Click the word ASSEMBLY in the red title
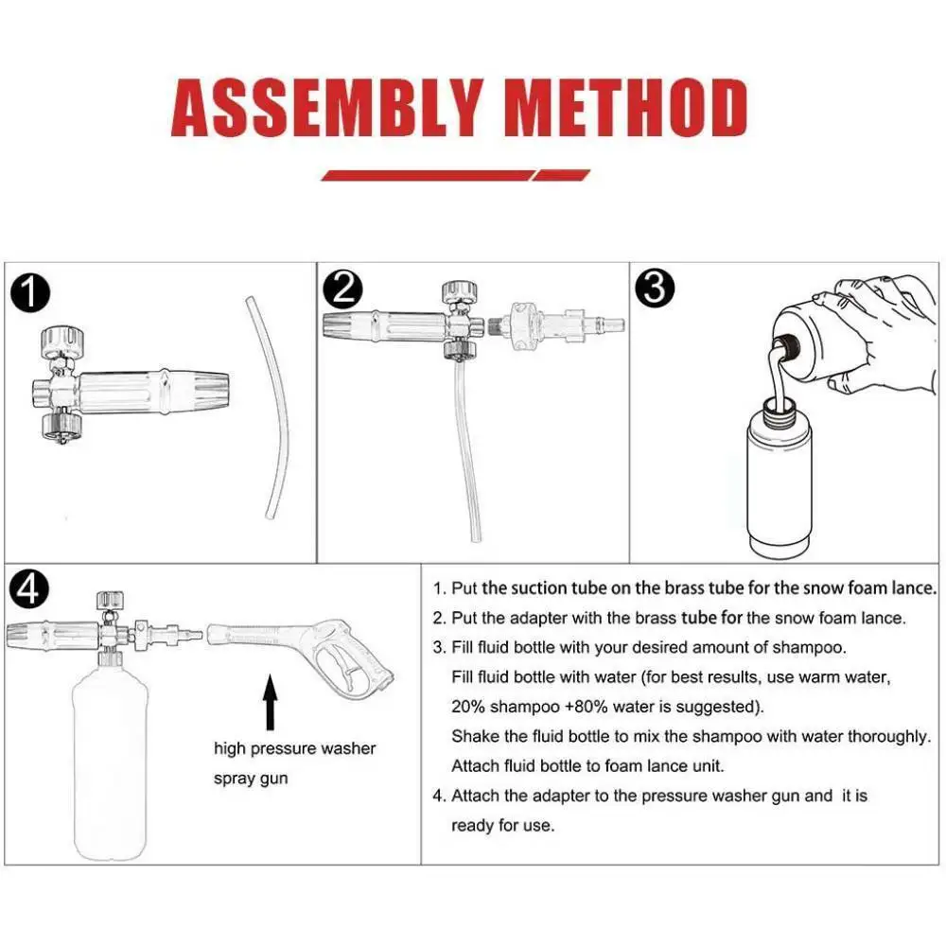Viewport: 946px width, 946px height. (327, 108)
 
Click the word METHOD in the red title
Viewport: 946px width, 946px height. (626, 108)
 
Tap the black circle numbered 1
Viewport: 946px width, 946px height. (29, 293)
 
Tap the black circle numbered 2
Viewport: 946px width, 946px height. (342, 289)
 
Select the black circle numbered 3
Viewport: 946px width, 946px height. (656, 289)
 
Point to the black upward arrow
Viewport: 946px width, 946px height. (271, 702)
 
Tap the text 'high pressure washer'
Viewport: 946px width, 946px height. (294, 748)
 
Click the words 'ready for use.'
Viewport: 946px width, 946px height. (502, 825)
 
